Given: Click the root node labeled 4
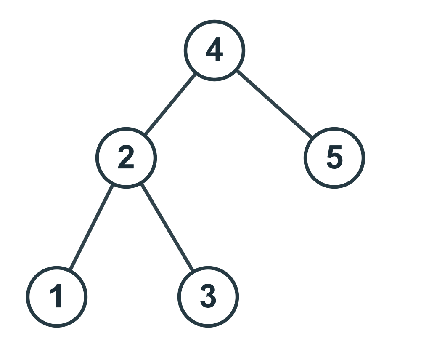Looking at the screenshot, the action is point(214,51).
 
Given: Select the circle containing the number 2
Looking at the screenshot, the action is point(126,158).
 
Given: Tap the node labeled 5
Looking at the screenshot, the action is point(334,158).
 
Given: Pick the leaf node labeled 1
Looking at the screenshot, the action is point(57,297).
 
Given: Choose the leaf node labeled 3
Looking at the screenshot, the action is point(208,297).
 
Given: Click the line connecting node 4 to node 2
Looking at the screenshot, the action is point(170,104).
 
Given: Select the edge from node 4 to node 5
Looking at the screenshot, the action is point(274,104).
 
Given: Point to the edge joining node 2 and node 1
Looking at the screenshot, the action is point(91,227).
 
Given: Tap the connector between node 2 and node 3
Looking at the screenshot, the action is point(167,227).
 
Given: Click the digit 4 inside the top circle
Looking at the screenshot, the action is point(214,49).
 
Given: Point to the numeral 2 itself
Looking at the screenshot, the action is point(126,157).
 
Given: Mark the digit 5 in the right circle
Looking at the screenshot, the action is point(334,157).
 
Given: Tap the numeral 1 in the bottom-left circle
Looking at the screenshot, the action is point(56,296).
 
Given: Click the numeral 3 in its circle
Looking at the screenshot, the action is point(208,296).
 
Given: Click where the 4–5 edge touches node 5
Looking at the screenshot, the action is point(312,137).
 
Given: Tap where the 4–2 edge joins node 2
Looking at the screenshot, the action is point(146,134).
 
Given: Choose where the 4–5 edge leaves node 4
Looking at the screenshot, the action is point(237,71).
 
